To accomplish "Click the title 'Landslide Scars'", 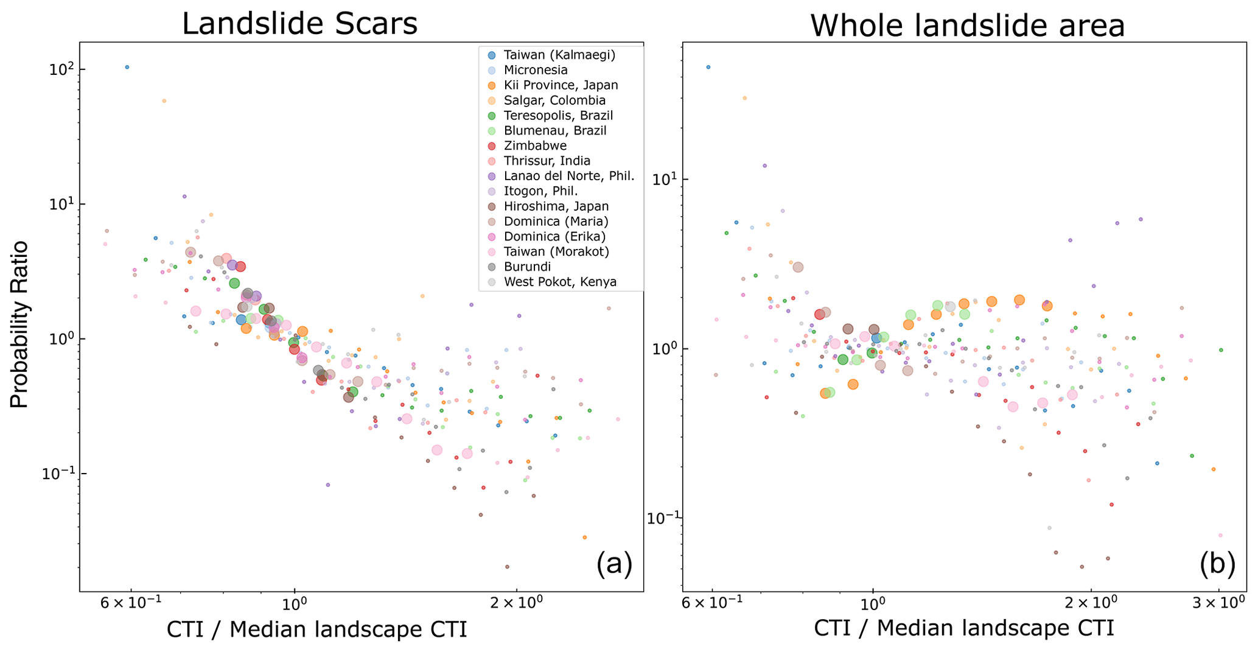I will click(x=299, y=24).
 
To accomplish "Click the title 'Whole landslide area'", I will click(x=967, y=26).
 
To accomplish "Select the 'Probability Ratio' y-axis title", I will click(x=19, y=324).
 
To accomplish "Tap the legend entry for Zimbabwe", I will click(x=535, y=146).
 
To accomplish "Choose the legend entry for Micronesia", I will click(x=536, y=70).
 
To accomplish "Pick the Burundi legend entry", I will click(x=527, y=267).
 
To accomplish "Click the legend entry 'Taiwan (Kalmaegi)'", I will click(x=559, y=55).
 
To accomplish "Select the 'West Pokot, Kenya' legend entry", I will click(x=560, y=282).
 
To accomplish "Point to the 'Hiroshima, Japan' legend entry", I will click(x=556, y=206).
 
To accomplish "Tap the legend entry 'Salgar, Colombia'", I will click(x=554, y=100).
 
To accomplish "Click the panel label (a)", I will click(x=614, y=564).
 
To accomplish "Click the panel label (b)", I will click(x=1217, y=564).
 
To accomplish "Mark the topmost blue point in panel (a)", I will click(x=127, y=67).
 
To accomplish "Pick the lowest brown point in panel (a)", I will click(x=507, y=567).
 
